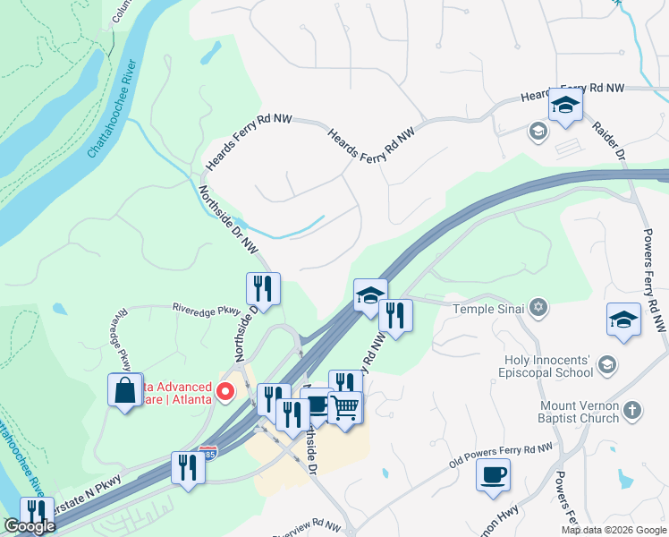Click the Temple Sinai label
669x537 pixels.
[488, 309]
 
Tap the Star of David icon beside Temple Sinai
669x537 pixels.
[537, 309]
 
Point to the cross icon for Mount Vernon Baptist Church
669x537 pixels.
[631, 410]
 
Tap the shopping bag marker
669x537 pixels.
[125, 389]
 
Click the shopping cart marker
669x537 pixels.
[345, 408]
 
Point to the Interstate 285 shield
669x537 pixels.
[208, 453]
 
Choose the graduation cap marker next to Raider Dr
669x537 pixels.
[565, 106]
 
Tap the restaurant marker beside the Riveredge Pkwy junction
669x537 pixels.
[263, 288]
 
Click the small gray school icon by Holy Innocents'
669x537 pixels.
[607, 364]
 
